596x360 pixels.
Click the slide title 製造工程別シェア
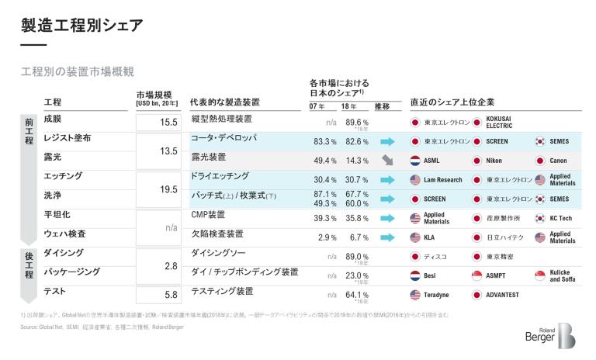click(x=82, y=26)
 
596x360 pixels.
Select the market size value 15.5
click(x=168, y=123)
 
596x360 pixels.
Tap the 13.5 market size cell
click(x=168, y=151)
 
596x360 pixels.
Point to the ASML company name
click(x=432, y=161)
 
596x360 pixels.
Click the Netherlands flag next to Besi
click(x=415, y=275)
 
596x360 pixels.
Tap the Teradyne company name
click(x=437, y=295)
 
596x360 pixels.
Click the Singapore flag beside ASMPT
click(x=477, y=275)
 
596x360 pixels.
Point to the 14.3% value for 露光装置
click(x=356, y=161)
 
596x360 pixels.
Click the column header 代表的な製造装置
click(x=224, y=102)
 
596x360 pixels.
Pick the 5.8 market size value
click(x=171, y=295)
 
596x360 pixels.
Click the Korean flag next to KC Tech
click(x=539, y=218)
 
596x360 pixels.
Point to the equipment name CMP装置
click(x=208, y=214)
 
